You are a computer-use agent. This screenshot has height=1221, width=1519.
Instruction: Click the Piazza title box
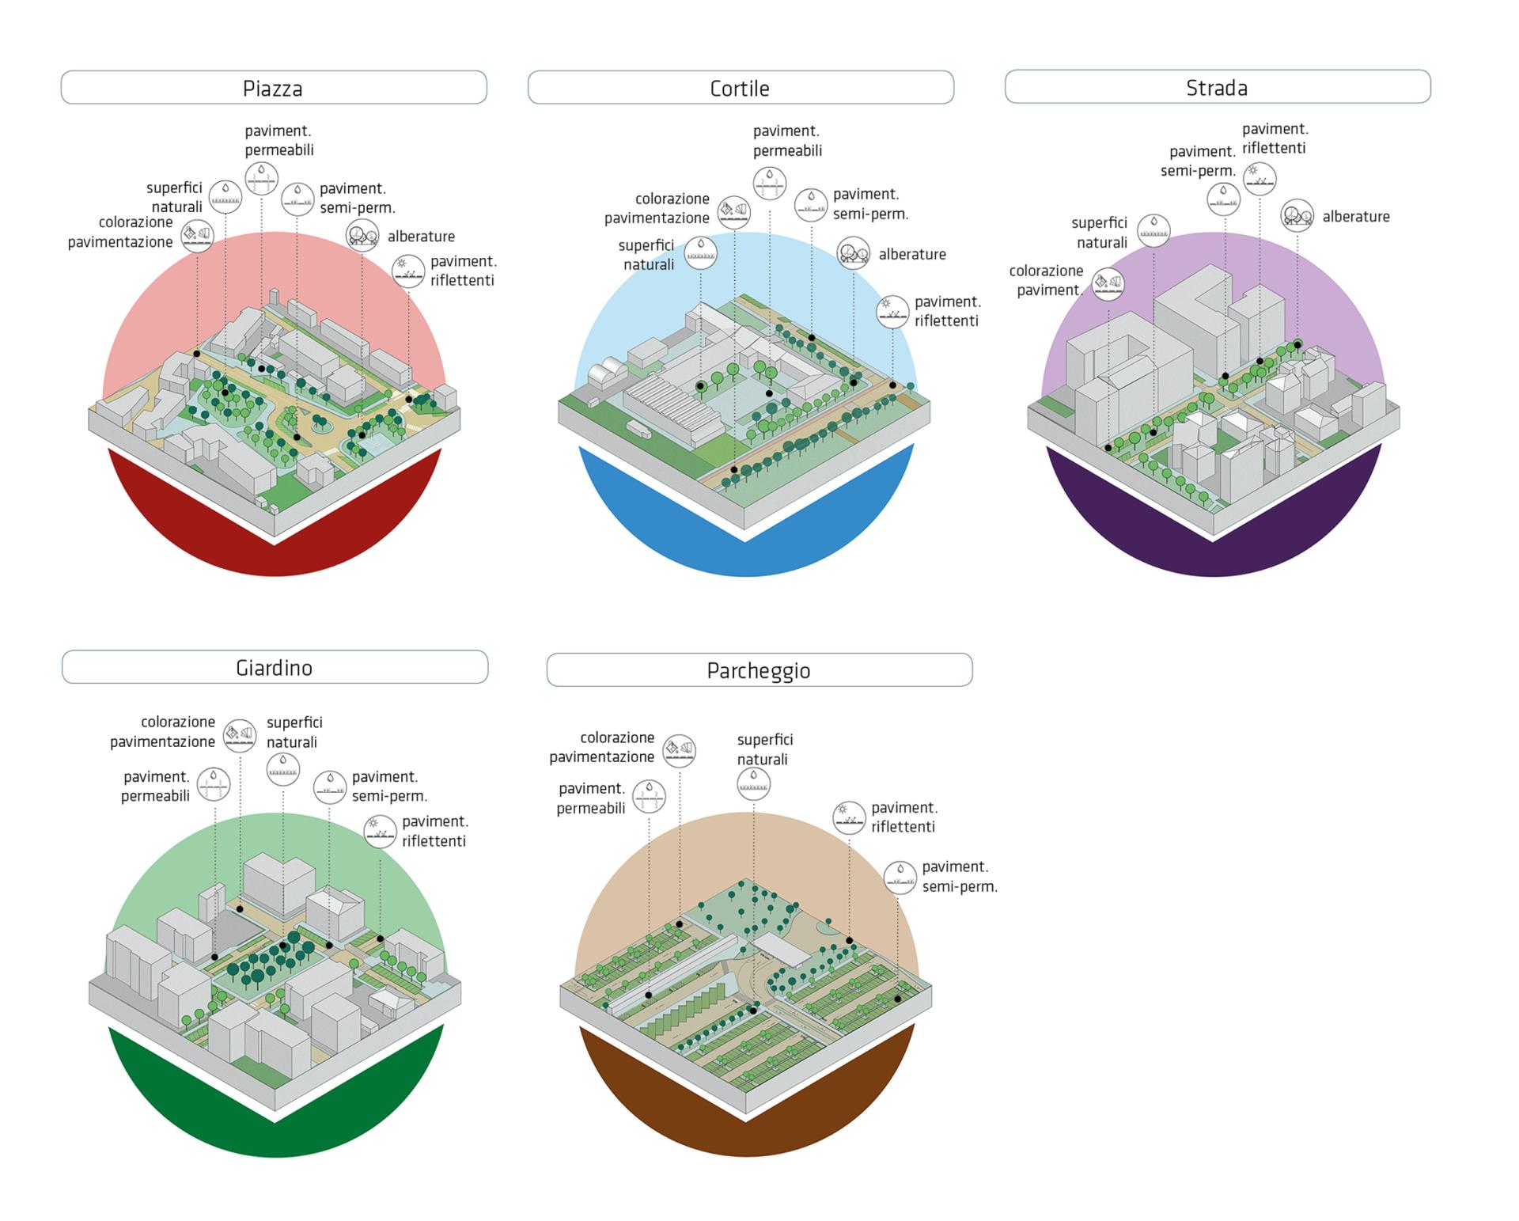(274, 87)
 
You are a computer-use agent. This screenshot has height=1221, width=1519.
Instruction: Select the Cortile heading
(741, 87)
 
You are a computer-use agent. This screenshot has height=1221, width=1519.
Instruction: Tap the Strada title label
(1217, 86)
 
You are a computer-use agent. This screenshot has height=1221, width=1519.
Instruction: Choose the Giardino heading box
(275, 667)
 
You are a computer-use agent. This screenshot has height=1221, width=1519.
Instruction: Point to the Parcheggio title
(759, 670)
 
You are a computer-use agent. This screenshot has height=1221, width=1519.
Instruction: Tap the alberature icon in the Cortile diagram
(853, 252)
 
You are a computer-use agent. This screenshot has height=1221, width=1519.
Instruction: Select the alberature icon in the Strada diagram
(1297, 214)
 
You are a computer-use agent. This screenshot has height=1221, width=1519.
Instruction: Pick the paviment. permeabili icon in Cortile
(770, 184)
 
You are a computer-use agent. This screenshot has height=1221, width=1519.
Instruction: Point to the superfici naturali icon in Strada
(1153, 230)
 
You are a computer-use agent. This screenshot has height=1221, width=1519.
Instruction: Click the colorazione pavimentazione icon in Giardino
(240, 735)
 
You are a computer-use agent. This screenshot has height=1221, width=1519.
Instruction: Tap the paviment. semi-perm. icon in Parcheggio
(900, 877)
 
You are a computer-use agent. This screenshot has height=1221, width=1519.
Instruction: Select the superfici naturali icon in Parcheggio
(753, 783)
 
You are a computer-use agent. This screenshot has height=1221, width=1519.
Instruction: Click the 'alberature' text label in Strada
(1355, 216)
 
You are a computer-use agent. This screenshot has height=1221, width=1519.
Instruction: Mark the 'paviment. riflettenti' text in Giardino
(434, 831)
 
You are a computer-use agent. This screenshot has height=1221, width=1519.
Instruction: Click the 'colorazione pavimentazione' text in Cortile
(657, 208)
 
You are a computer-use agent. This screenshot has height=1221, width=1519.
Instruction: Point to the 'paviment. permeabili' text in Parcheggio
(591, 798)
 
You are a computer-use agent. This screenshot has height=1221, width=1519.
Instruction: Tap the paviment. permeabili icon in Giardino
(214, 783)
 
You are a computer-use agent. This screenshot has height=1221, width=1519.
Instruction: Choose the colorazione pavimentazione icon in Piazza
(197, 235)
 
